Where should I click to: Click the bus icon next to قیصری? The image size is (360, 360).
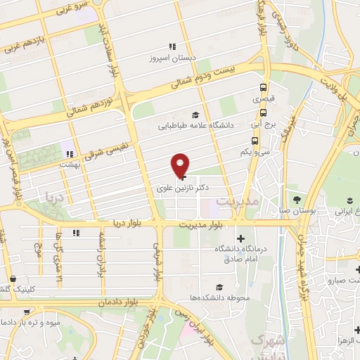[x=263, y=88]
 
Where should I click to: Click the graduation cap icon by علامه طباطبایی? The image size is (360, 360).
[x=195, y=115]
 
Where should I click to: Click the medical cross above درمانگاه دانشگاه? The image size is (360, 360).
[x=241, y=238]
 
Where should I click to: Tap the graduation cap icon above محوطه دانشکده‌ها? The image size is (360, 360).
[x=219, y=286]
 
